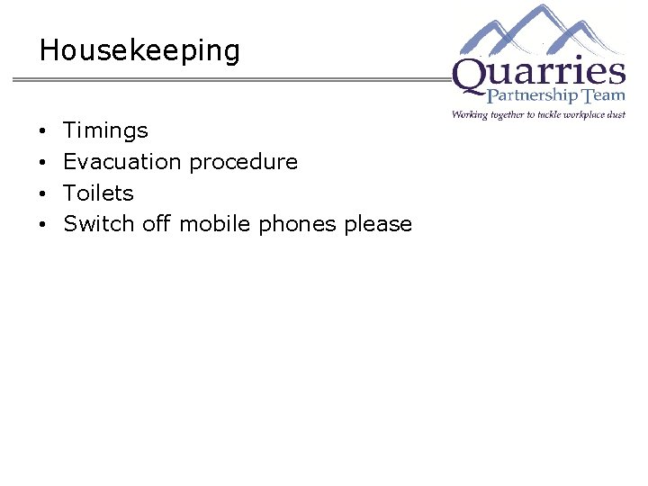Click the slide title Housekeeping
(x=139, y=50)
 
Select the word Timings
(x=105, y=130)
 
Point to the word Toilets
(x=98, y=193)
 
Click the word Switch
(x=99, y=224)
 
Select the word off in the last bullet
(x=156, y=224)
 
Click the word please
(x=378, y=225)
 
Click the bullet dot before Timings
(x=44, y=131)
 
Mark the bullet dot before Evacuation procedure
(x=44, y=163)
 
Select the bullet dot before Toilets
(x=44, y=194)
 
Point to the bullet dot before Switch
(x=44, y=225)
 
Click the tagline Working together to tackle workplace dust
(x=538, y=114)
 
